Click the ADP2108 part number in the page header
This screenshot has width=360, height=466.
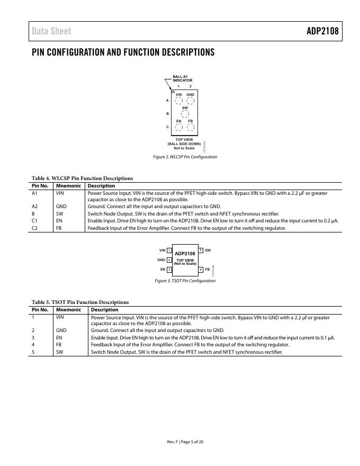(322, 31)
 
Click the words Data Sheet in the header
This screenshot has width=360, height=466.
(51, 31)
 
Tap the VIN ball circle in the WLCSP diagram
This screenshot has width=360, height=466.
(179, 101)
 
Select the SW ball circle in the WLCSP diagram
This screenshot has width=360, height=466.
(185, 114)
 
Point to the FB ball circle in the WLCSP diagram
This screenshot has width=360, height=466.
(191, 127)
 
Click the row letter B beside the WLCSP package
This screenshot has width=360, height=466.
(167, 114)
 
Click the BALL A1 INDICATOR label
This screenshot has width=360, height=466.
(182, 78)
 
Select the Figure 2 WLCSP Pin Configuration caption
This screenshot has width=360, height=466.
(185, 157)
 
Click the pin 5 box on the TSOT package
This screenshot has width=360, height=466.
(201, 250)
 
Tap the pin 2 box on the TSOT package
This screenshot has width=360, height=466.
(169, 260)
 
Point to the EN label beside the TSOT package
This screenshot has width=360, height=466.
(163, 270)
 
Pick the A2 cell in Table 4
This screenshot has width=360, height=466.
(35, 207)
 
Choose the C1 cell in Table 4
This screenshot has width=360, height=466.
(35, 220)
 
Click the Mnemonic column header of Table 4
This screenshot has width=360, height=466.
(68, 186)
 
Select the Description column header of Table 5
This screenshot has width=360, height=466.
(104, 310)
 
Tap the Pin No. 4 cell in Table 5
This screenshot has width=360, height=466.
(33, 344)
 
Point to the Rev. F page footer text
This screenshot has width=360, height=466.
(185, 442)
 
